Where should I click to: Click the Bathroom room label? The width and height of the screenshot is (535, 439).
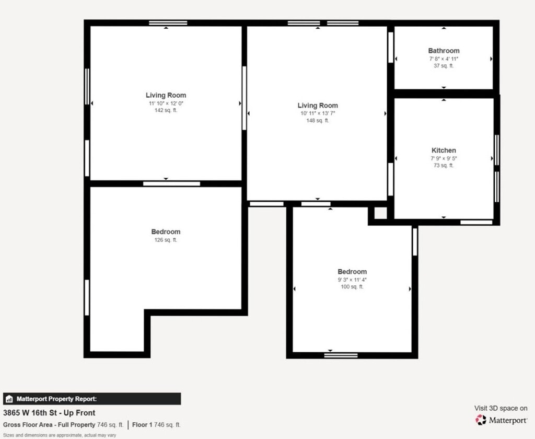(444, 51)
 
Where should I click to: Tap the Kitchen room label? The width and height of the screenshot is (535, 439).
(444, 150)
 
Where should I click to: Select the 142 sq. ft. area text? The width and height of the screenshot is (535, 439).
(166, 110)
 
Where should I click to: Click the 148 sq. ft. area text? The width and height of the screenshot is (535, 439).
(318, 121)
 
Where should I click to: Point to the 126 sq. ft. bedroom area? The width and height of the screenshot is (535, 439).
(166, 240)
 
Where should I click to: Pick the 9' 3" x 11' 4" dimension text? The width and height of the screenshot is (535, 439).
(352, 280)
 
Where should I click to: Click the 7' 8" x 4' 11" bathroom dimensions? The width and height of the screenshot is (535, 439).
(444, 59)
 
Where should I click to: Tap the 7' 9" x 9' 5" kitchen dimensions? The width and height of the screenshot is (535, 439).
(444, 158)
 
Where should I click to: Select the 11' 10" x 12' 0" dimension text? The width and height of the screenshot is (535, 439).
(166, 103)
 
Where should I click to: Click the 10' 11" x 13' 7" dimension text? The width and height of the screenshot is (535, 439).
(318, 113)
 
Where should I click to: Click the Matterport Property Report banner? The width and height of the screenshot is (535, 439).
(92, 399)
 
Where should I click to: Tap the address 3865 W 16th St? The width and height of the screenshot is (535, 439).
(29, 413)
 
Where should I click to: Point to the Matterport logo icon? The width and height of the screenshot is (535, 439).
(481, 420)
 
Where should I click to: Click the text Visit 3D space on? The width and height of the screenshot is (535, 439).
(501, 408)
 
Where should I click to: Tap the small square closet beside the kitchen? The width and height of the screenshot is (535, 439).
(380, 213)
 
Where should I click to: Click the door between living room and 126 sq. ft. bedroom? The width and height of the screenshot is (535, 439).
(171, 183)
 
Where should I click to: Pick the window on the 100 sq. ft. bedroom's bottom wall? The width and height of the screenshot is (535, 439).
(341, 355)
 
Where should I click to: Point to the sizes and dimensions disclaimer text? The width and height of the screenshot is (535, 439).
(60, 435)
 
